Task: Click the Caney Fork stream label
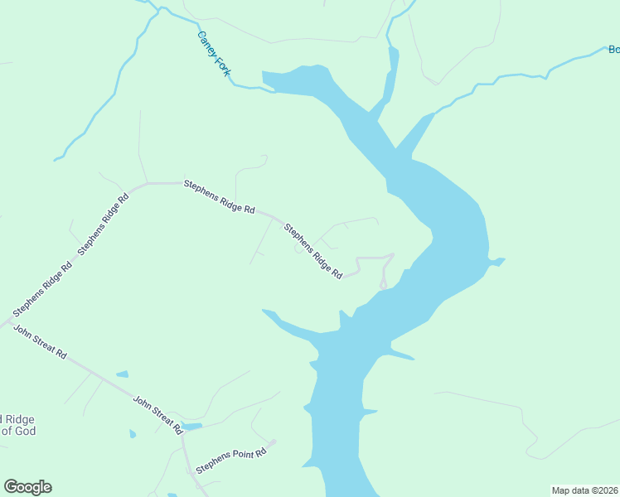point(212,55)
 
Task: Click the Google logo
point(27,487)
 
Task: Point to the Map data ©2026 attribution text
point(584,490)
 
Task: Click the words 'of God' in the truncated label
point(17,431)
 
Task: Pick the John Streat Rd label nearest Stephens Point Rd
point(157,414)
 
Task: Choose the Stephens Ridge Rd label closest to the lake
point(313,250)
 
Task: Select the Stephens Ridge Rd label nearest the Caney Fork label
point(219,197)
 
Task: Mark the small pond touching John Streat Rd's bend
point(191,427)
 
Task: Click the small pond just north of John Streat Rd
point(122,374)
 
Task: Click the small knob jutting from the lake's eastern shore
point(499,262)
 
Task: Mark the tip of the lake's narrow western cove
point(264,311)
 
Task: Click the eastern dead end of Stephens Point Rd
point(274,442)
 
